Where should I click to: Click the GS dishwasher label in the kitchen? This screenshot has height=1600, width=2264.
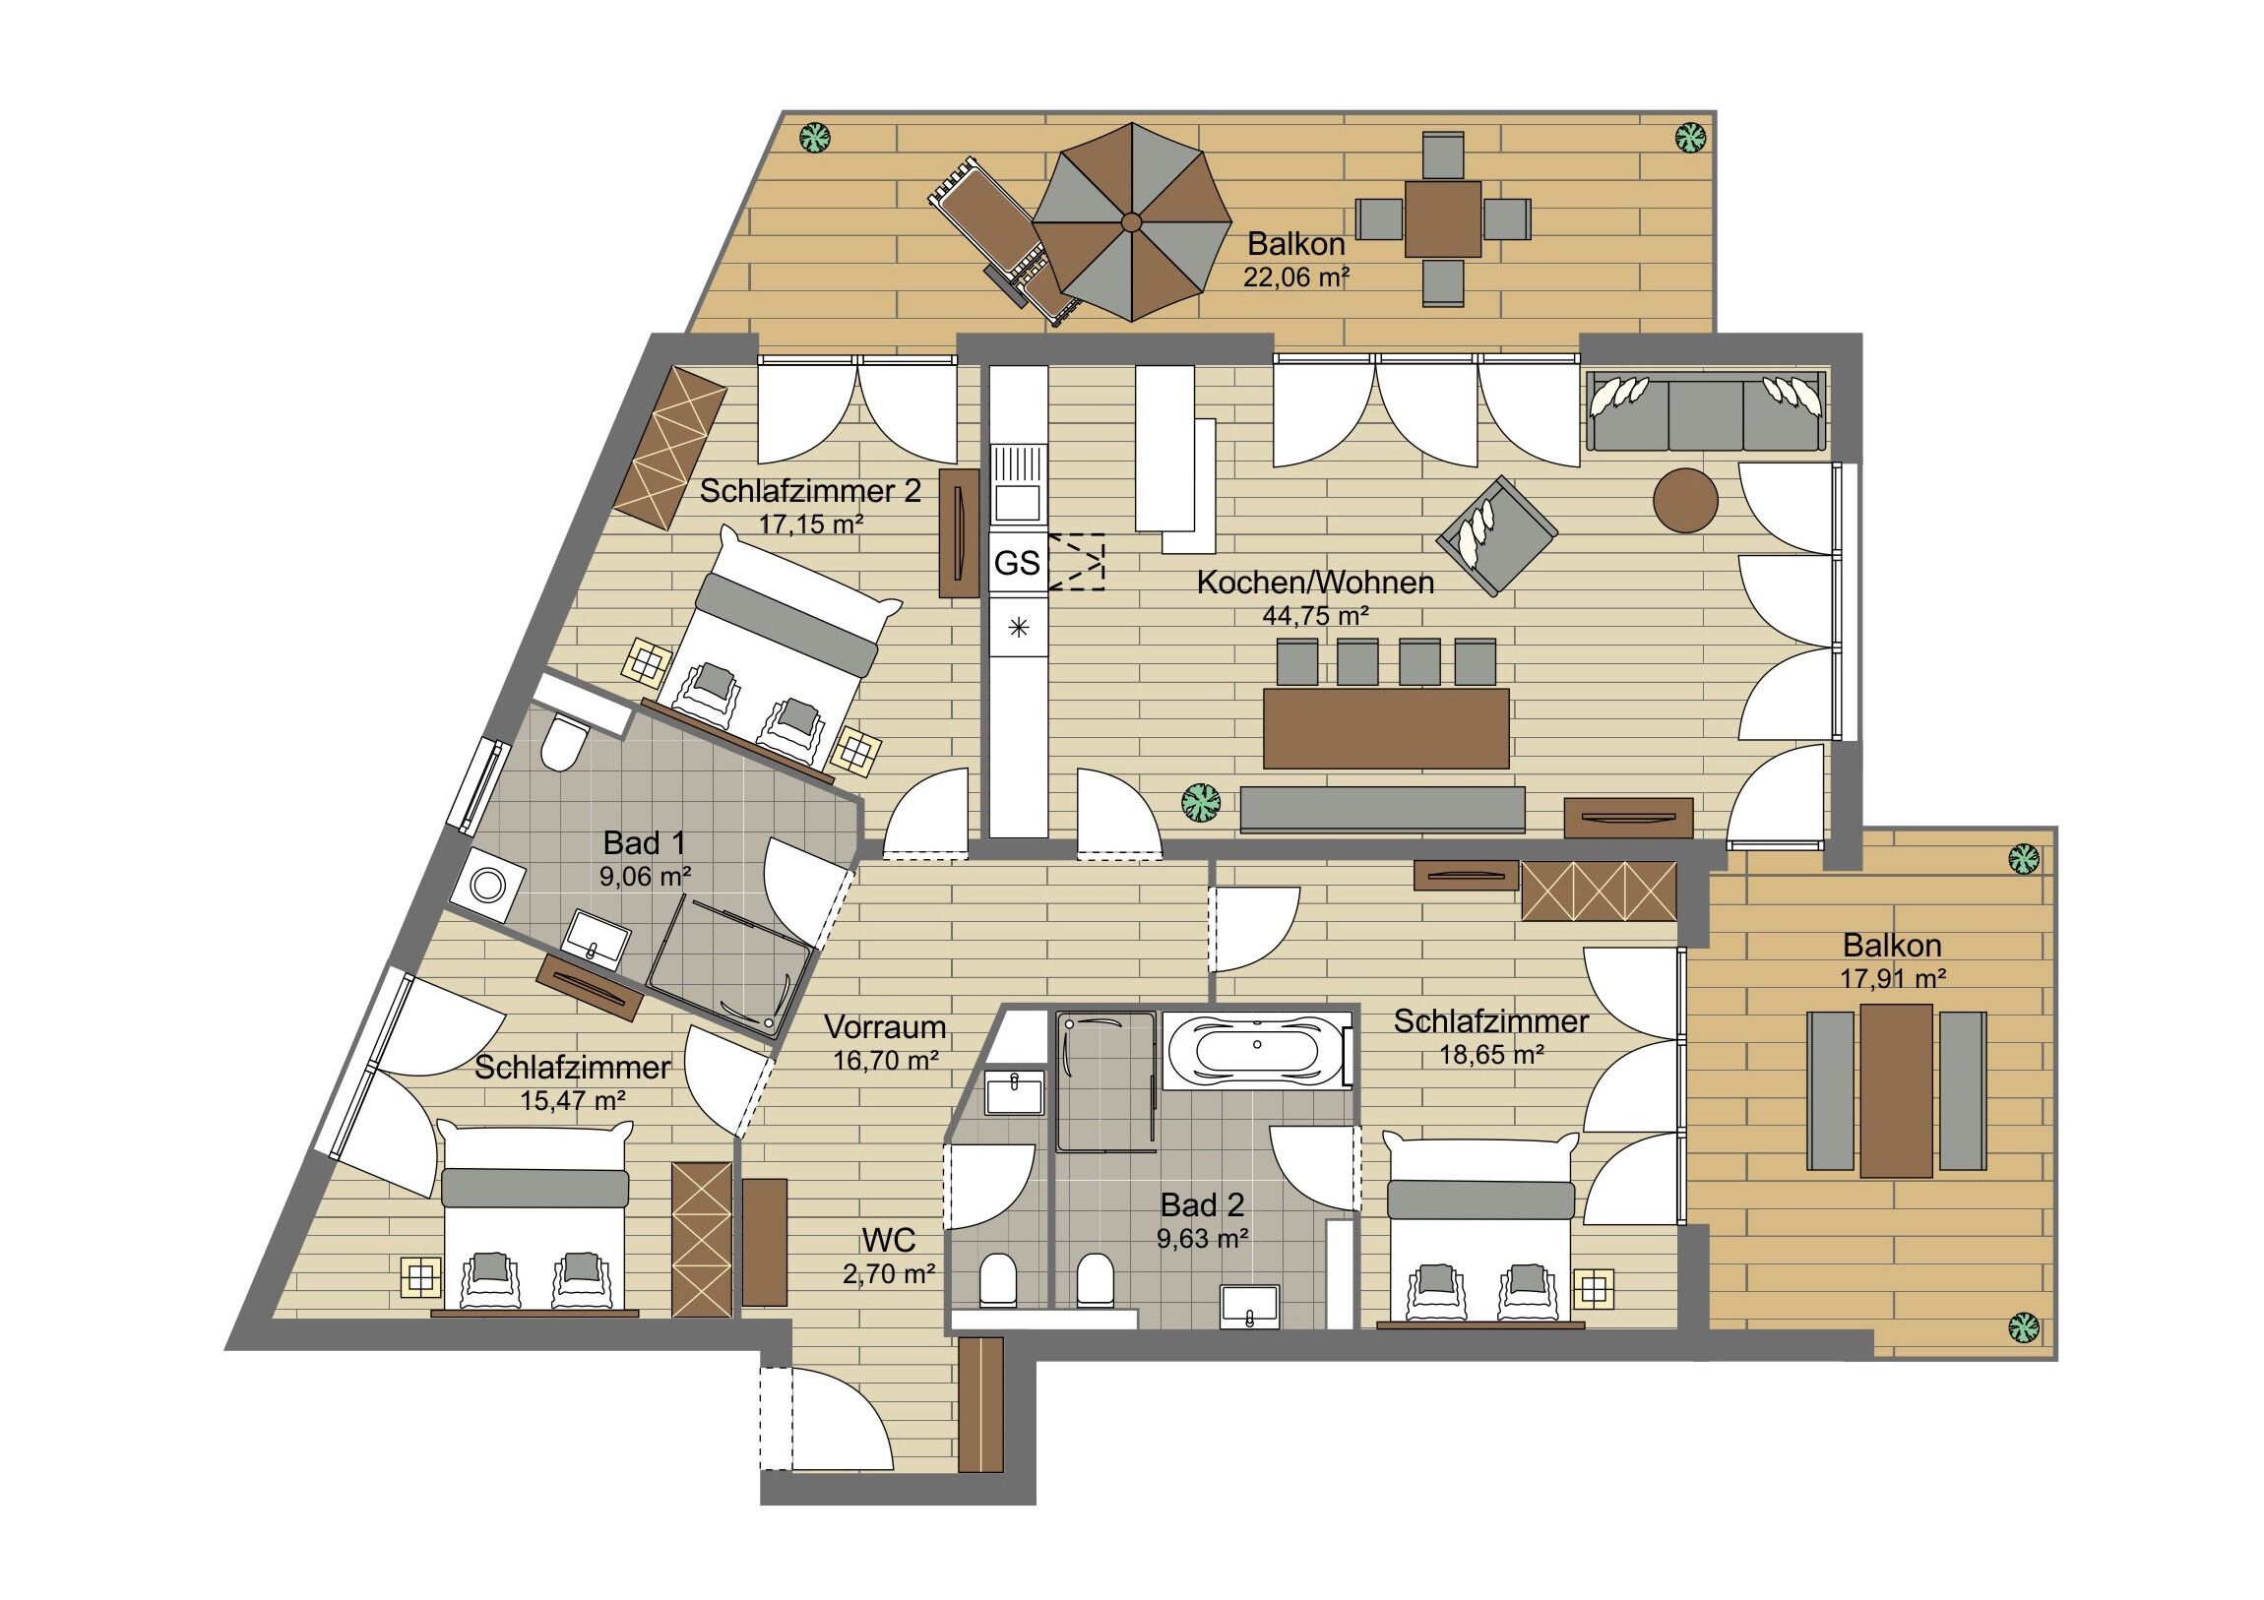(x=1017, y=563)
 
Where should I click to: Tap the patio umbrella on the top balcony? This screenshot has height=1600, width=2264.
(x=1132, y=221)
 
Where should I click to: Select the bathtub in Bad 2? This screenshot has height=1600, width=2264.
(x=1257, y=1049)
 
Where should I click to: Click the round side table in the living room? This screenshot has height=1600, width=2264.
(x=1685, y=501)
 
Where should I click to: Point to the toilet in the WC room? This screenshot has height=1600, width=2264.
(x=997, y=1279)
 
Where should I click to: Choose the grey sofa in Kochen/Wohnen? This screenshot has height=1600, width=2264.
(x=1706, y=412)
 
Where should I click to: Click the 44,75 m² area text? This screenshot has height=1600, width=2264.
(x=1315, y=616)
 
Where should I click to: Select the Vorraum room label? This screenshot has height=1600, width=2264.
(x=885, y=1027)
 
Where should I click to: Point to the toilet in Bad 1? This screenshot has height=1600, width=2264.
(x=564, y=742)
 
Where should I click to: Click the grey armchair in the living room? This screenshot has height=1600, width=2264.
(x=1497, y=535)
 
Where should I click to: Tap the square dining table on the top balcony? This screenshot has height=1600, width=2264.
(x=1444, y=218)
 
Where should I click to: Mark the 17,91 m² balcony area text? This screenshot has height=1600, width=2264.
(x=1892, y=979)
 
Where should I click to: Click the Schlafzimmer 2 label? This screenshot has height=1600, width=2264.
(x=810, y=491)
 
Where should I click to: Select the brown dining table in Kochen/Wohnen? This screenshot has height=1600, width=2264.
(x=1385, y=728)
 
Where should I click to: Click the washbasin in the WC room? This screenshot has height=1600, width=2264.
(x=1014, y=1093)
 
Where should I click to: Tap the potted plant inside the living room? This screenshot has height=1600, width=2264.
(x=1202, y=803)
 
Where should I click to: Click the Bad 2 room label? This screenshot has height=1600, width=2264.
(x=1202, y=1203)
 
